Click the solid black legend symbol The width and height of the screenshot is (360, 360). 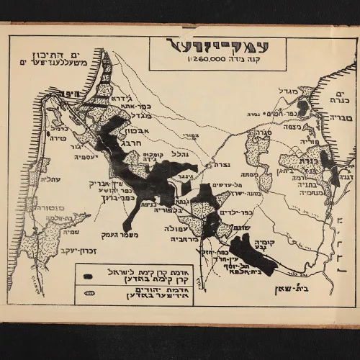[87, 276]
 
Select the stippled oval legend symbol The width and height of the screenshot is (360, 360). [87, 294]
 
